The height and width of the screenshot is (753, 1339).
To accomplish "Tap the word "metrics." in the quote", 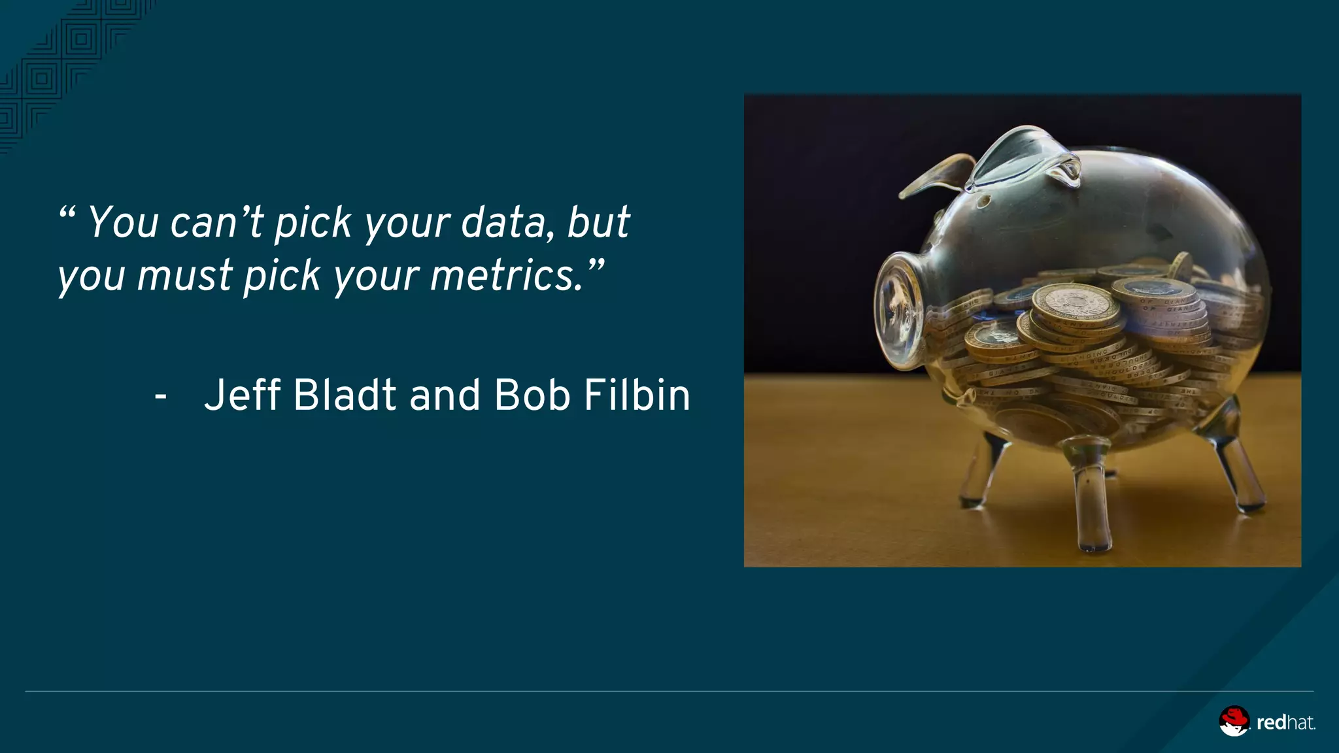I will point(507,276).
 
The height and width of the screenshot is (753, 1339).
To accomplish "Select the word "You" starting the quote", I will point(124,223).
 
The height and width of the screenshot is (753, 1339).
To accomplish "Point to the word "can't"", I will point(216,223).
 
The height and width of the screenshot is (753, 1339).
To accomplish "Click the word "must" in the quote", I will point(184,276).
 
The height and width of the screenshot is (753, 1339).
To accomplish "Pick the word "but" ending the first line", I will point(598,223).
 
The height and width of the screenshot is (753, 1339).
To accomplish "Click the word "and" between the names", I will point(445,396).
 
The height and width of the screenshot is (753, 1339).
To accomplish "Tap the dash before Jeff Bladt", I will point(160,396).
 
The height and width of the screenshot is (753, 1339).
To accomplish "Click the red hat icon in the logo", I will point(1234,721).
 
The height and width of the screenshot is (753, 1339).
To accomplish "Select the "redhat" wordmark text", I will point(1285,723).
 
